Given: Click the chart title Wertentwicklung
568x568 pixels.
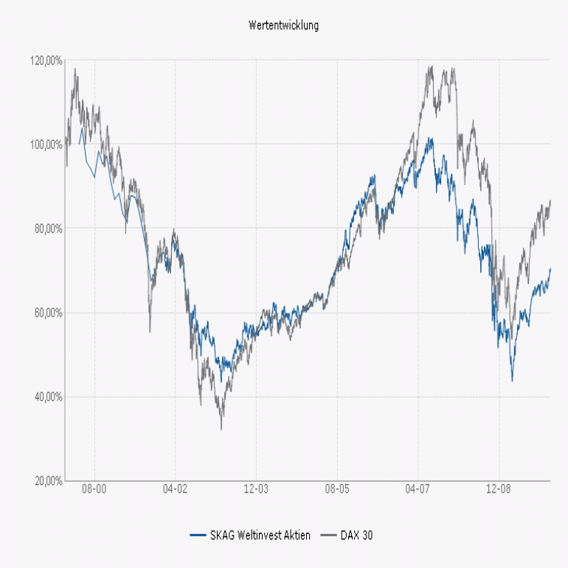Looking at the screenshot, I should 284,25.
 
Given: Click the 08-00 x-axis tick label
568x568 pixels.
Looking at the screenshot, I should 94,488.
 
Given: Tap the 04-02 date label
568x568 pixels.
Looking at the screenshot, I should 175,488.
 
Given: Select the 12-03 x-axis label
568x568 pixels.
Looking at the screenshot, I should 255,488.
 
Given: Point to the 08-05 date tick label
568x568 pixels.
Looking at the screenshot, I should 336,488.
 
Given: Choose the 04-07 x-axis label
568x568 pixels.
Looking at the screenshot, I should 418,488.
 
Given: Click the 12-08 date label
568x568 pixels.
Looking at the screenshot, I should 499,488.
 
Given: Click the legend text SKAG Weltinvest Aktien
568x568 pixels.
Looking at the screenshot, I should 260,536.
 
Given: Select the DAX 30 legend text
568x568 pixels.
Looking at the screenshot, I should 356,536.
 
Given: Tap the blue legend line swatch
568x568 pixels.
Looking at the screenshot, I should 198,536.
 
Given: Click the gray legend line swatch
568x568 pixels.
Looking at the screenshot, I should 328,536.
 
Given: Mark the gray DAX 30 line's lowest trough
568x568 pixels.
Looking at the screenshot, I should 221,429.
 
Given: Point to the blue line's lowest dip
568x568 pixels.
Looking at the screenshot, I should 512,381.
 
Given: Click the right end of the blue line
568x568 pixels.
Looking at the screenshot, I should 550,269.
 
